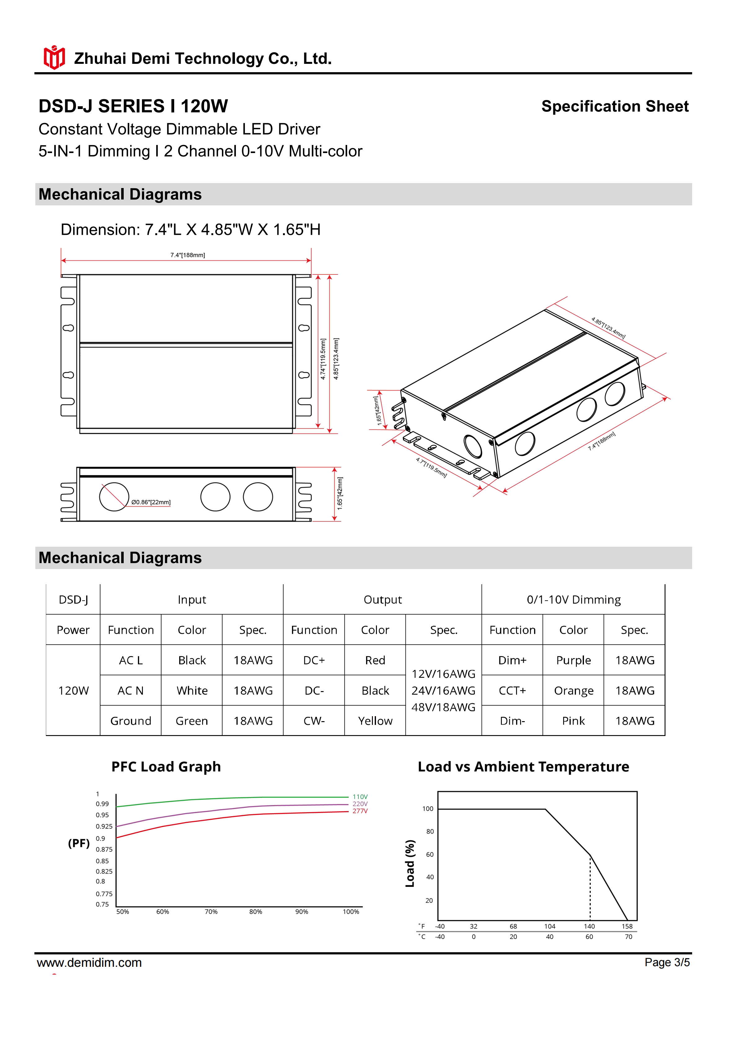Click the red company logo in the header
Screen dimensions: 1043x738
point(54,57)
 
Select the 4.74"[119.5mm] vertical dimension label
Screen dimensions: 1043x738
point(323,359)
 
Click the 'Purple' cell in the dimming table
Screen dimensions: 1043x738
point(573,660)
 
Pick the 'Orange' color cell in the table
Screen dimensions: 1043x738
point(573,690)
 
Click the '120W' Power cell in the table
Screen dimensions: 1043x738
point(73,690)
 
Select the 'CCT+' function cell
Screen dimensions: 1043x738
point(512,690)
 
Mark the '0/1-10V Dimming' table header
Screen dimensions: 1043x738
point(573,600)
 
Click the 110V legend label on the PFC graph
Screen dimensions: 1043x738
point(360,797)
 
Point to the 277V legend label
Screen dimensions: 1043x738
point(360,811)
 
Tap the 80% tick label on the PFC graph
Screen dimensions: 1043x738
point(255,912)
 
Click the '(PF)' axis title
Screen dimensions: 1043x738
point(79,844)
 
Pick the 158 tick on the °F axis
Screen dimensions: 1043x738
point(627,926)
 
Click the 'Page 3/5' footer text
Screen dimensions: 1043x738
point(667,962)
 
